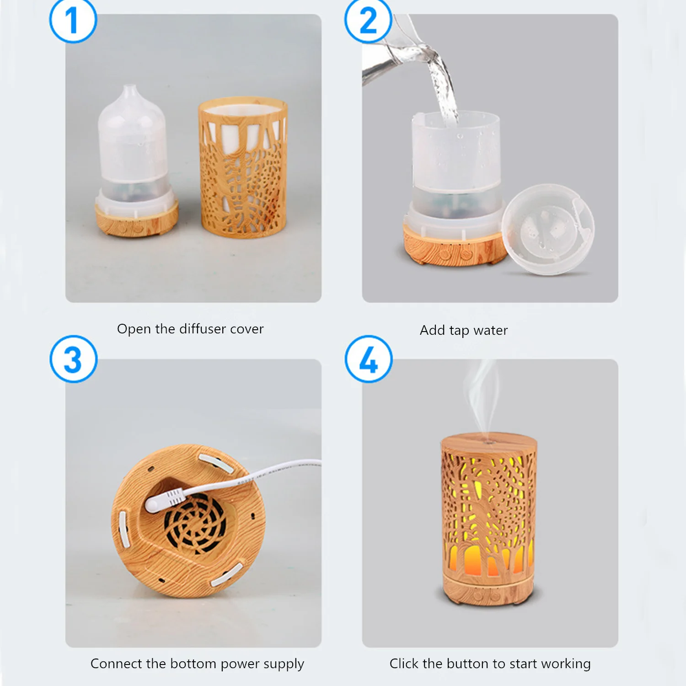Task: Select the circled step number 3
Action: pyautogui.click(x=73, y=359)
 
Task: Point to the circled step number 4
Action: pyautogui.click(x=369, y=359)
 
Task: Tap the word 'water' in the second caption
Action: pyautogui.click(x=491, y=330)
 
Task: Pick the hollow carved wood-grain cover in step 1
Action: pyautogui.click(x=243, y=167)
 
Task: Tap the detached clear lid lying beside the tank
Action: pyautogui.click(x=548, y=229)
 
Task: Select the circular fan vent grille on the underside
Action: pyautogui.click(x=195, y=525)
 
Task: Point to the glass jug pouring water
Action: pyautogui.click(x=393, y=50)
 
